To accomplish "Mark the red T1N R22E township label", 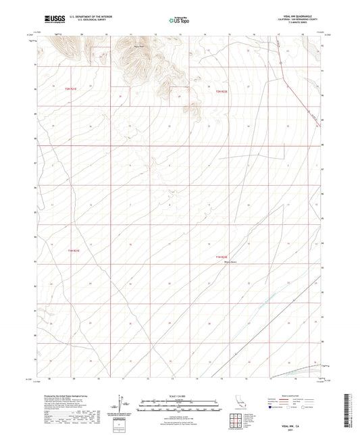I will pyautogui.click(x=222, y=257).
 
